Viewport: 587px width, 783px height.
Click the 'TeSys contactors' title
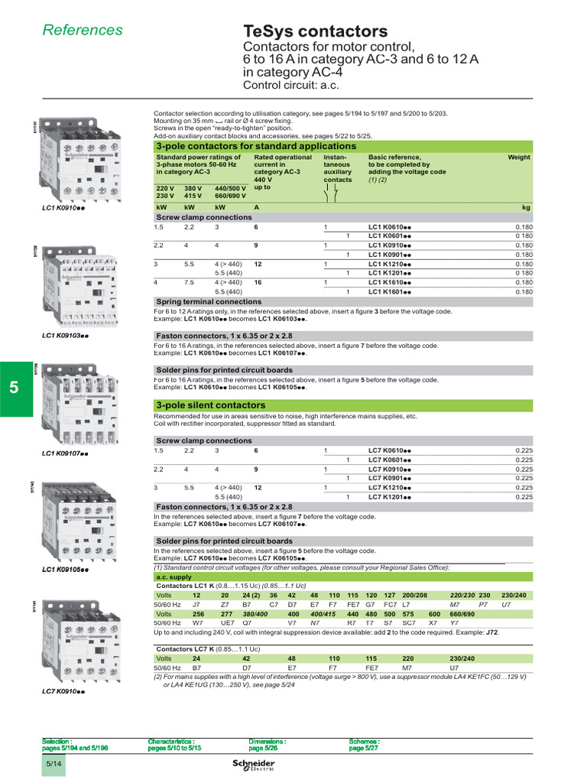[x=315, y=31]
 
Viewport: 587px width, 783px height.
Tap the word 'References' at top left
[x=83, y=30]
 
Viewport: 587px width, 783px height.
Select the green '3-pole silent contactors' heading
[x=210, y=405]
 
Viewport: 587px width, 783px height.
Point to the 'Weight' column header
[x=518, y=157]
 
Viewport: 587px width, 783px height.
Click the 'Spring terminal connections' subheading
[x=209, y=302]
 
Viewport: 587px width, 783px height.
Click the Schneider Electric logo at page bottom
[x=253, y=767]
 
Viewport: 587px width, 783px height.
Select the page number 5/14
[x=54, y=762]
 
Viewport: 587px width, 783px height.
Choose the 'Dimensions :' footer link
[x=268, y=741]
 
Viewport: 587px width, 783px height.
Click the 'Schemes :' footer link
[x=365, y=741]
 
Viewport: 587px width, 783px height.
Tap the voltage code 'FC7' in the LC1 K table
[x=390, y=604]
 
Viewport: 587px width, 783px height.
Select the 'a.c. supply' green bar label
[x=173, y=579]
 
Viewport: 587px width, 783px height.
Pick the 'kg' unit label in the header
[x=525, y=207]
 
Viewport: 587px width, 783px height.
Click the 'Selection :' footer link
[x=57, y=741]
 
